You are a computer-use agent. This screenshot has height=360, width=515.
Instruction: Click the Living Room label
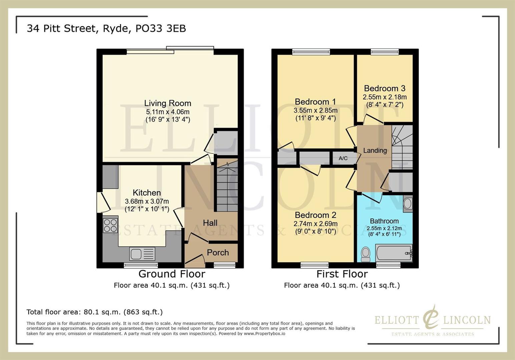point(167,103)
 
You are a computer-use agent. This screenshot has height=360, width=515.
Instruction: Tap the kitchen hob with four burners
point(110,225)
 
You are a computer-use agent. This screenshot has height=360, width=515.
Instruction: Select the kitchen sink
point(142,254)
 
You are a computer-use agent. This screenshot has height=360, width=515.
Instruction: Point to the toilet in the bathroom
point(366,254)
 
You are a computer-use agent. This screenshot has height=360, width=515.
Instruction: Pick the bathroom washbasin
point(408,204)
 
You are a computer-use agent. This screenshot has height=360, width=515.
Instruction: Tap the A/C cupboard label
point(343,158)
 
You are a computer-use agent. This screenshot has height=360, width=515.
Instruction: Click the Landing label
point(375,151)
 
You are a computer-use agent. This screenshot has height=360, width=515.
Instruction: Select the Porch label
point(218,253)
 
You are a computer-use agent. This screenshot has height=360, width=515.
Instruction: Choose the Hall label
point(210,223)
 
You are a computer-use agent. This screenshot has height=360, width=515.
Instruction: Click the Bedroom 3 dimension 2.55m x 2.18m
point(385,97)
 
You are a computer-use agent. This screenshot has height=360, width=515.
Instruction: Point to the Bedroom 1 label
point(315,102)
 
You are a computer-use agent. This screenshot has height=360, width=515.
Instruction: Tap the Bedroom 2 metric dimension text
point(315,224)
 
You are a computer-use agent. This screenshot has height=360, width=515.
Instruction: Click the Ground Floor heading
point(172,274)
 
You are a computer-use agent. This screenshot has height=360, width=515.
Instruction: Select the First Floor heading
point(342,274)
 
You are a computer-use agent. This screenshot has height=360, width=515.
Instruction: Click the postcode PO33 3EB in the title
point(160,29)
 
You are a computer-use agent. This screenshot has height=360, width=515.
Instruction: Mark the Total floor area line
point(94,312)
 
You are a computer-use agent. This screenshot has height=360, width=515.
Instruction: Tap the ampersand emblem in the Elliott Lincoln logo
point(431,318)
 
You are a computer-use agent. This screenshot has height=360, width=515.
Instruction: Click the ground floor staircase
point(227,187)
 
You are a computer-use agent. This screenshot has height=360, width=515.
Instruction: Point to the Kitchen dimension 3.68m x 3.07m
point(147,201)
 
